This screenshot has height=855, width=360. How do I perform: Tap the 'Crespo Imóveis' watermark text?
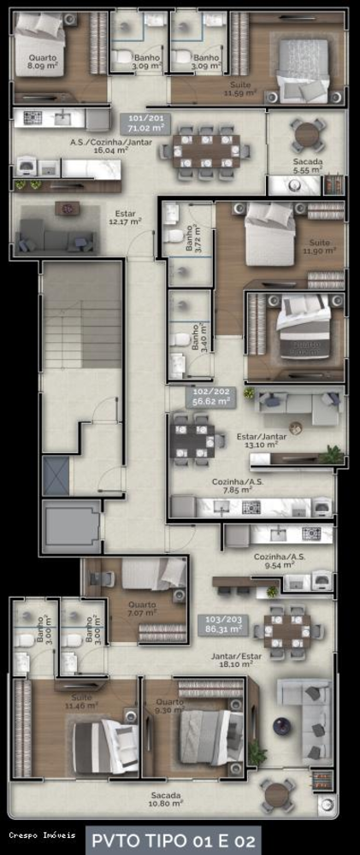[x=43, y=834]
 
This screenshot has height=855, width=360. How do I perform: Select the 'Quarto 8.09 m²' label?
[x=42, y=60]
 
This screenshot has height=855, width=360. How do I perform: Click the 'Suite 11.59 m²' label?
[x=245, y=89]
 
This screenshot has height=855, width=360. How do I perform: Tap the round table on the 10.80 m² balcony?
[x=278, y=793]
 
